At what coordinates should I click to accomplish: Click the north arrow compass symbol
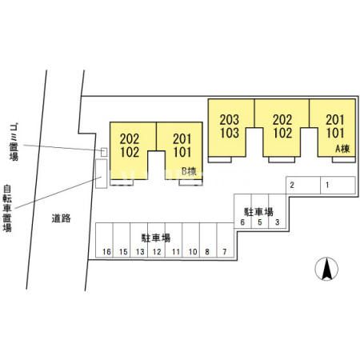[326, 269]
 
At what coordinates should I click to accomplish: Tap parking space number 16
[105, 240]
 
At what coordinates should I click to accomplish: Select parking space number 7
[226, 240]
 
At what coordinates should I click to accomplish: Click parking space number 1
[338, 185]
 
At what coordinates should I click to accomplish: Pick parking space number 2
[303, 185]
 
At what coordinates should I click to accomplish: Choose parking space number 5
[260, 211]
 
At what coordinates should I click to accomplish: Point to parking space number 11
[174, 240]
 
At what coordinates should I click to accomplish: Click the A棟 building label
[342, 149]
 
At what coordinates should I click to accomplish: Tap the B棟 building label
[189, 171]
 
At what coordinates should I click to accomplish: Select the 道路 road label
[62, 218]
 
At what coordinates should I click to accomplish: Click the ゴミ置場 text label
[14, 142]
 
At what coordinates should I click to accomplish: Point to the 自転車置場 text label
[7, 208]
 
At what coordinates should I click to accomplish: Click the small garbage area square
[104, 152]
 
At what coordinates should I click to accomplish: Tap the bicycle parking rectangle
[102, 174]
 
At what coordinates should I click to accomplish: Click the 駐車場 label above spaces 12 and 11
[156, 238]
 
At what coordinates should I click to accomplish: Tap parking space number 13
[139, 240]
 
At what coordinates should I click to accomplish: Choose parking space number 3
[278, 211]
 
